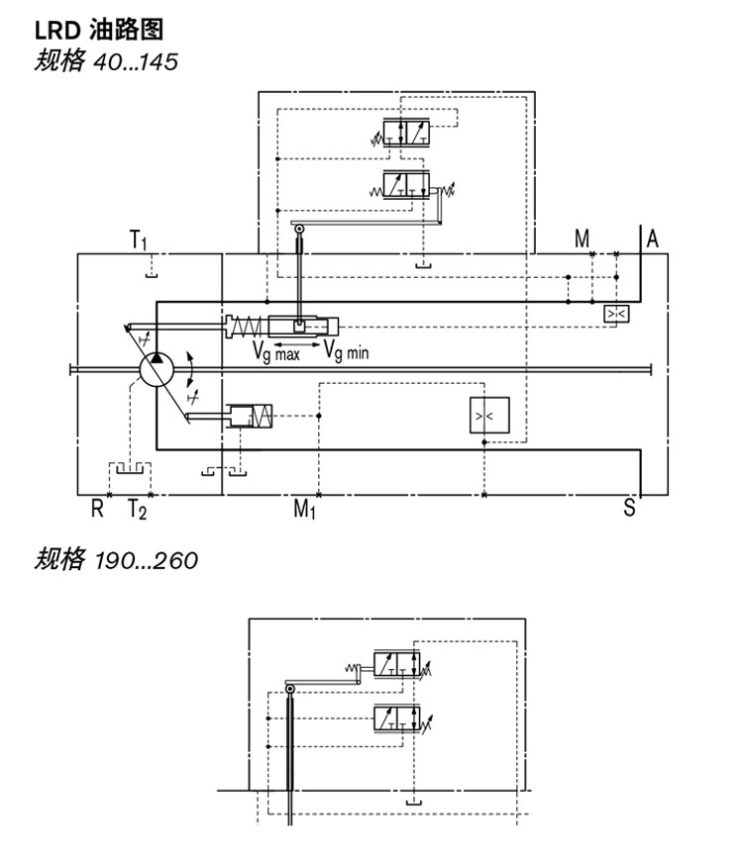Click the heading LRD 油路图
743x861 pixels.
pyautogui.click(x=99, y=30)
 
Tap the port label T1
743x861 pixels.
pyautogui.click(x=138, y=239)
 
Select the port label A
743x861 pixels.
pyautogui.click(x=652, y=239)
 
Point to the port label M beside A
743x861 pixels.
pyautogui.click(x=582, y=239)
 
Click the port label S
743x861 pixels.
pyautogui.click(x=629, y=508)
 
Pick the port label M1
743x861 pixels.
pyautogui.click(x=304, y=509)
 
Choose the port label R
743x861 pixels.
pyautogui.click(x=97, y=509)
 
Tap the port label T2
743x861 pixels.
pyautogui.click(x=138, y=510)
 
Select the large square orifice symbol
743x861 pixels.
pyautogui.click(x=489, y=415)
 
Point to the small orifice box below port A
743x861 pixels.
pyautogui.click(x=616, y=314)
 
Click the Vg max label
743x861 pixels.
pyautogui.click(x=276, y=351)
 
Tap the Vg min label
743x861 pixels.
pyautogui.click(x=346, y=350)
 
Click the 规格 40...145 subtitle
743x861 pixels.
pyautogui.click(x=106, y=61)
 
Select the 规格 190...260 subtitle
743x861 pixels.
pyautogui.click(x=116, y=560)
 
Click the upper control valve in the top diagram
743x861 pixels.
pyautogui.click(x=407, y=133)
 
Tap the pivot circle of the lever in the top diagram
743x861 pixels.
pyautogui.click(x=299, y=229)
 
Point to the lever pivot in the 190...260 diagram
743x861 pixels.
pyautogui.click(x=290, y=689)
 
